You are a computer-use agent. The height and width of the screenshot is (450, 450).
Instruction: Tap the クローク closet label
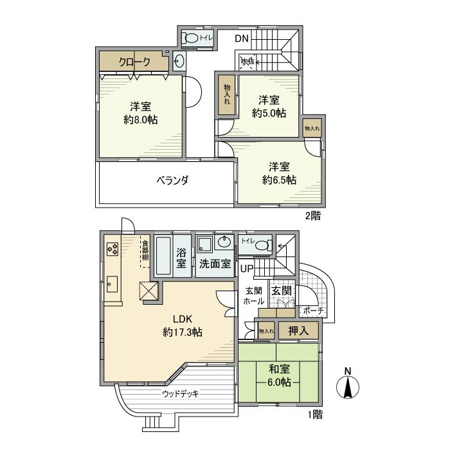(x=134, y=62)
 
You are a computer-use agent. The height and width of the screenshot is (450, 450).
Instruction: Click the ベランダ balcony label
(x=172, y=180)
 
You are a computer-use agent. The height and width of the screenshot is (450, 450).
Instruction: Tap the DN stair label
(x=241, y=39)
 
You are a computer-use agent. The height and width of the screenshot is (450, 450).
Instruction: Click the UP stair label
(x=247, y=267)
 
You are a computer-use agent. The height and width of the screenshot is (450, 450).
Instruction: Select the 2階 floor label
(x=312, y=215)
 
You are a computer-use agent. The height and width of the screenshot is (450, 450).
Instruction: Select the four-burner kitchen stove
(x=111, y=248)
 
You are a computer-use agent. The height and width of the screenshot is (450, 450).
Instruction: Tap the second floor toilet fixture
(x=191, y=39)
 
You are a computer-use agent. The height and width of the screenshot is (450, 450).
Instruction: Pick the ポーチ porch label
(x=313, y=311)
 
